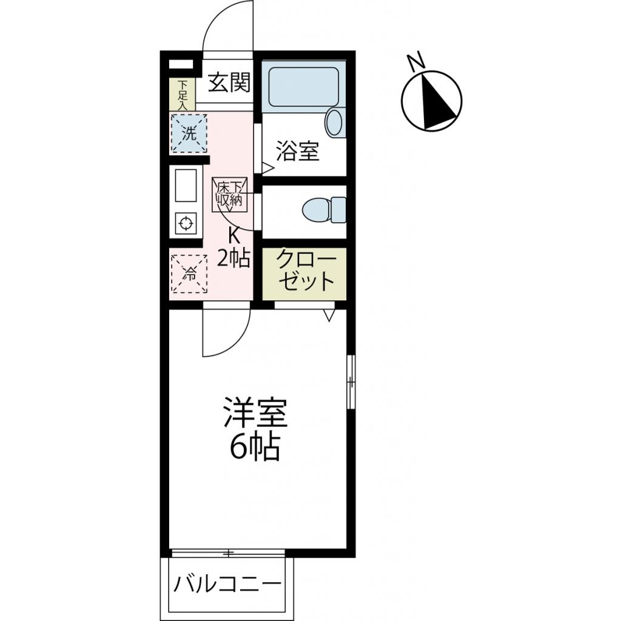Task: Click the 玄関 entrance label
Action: [x=229, y=82]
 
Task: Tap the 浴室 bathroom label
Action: [x=297, y=152]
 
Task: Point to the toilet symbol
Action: [x=323, y=210]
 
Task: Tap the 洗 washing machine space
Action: [x=189, y=133]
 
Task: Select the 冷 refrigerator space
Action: [x=189, y=274]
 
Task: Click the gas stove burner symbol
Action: [x=186, y=224]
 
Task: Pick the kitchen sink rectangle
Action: [x=186, y=186]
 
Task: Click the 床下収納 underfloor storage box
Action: [x=230, y=194]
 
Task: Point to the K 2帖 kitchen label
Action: [x=233, y=247]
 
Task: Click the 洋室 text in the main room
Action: [x=254, y=414]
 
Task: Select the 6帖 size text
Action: [x=254, y=449]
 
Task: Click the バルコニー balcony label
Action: [x=228, y=585]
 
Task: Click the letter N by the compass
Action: [x=415, y=61]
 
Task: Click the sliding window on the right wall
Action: [x=351, y=381]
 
